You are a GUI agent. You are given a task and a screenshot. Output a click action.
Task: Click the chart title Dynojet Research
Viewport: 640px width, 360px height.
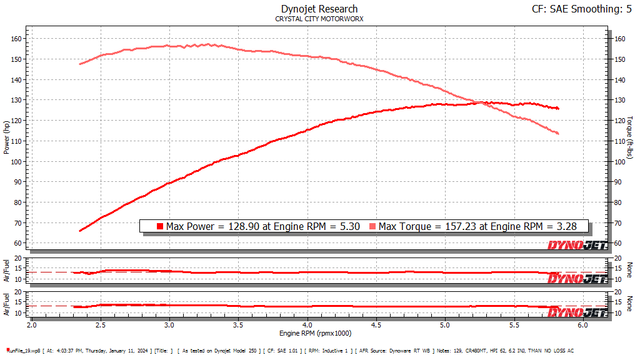[319, 9]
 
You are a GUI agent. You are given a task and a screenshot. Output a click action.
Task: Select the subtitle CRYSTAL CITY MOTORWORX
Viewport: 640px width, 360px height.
[319, 19]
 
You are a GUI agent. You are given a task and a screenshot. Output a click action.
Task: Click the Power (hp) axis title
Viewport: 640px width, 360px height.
[7, 137]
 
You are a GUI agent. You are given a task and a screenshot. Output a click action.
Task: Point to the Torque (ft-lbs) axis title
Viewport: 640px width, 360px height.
[630, 137]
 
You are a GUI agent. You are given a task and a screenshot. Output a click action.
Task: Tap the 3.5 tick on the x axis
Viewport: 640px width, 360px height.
[238, 326]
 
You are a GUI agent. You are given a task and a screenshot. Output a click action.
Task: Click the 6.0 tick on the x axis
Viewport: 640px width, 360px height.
[582, 326]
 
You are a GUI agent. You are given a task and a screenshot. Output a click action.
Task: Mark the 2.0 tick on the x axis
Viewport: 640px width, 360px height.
[32, 326]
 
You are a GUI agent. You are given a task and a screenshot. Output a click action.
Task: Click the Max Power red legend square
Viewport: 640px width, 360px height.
[160, 226]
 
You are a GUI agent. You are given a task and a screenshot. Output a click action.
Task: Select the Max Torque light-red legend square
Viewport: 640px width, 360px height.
[373, 226]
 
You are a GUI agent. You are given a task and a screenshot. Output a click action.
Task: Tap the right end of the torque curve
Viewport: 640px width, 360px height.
[557, 134]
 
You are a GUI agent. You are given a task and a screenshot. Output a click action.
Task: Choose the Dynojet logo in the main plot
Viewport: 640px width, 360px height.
[577, 245]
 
